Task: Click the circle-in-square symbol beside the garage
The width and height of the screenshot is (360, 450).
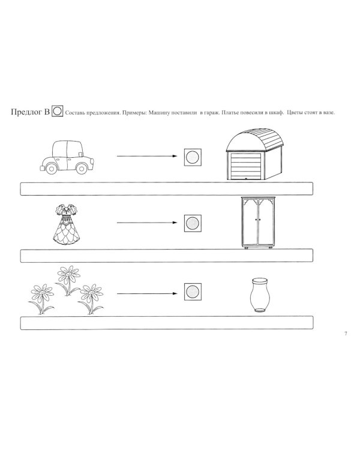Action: [x=193, y=157]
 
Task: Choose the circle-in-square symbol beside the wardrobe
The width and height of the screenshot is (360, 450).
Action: [x=193, y=223]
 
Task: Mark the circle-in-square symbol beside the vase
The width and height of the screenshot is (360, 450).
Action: [x=193, y=293]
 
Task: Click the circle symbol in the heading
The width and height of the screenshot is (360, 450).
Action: [x=58, y=112]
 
